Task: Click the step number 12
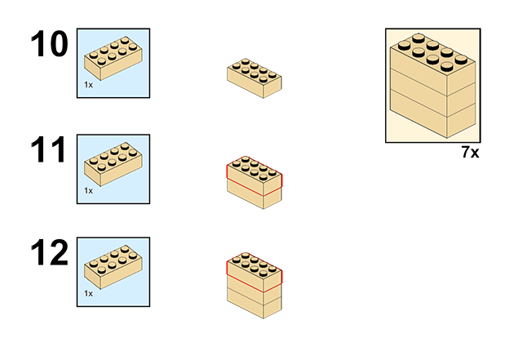click(x=51, y=254)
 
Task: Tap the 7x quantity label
click(x=469, y=153)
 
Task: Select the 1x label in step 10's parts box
click(x=88, y=85)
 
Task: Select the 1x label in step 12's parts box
click(x=88, y=293)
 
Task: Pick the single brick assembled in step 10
click(x=254, y=78)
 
